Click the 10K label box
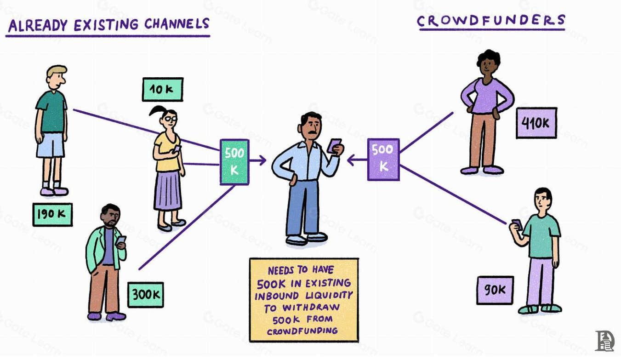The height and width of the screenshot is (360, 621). point(163,89)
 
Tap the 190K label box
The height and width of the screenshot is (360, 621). point(52,214)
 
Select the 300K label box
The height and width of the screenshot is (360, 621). point(146,295)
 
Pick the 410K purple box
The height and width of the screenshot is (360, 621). point(536,123)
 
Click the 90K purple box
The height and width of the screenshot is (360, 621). point(495,290)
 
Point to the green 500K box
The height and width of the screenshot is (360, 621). point(234,162)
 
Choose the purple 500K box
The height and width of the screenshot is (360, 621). point(383,159)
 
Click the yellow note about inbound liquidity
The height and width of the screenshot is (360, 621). point(303,300)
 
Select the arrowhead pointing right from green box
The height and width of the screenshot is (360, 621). point(262,160)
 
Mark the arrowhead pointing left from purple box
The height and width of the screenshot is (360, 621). point(351,160)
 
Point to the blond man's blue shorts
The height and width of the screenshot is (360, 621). point(51,144)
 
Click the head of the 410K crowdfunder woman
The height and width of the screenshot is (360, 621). point(488,63)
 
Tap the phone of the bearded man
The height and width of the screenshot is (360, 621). point(121,240)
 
